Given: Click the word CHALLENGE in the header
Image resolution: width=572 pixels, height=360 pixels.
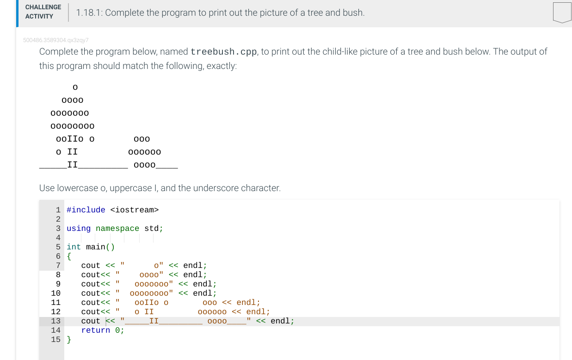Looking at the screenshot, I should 43,7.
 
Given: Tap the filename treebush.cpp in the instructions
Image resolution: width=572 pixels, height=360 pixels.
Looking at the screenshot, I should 224,51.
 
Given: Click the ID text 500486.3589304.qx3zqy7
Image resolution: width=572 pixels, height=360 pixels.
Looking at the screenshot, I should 55,40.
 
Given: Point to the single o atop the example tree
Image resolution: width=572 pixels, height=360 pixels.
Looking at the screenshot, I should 75,87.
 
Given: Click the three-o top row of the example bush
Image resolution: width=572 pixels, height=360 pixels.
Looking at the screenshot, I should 141,139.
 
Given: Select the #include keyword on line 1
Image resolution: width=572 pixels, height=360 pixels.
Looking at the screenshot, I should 86,210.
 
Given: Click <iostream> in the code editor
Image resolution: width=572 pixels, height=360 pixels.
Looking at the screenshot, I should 134,210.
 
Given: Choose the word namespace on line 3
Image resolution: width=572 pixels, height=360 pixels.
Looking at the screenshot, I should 117,229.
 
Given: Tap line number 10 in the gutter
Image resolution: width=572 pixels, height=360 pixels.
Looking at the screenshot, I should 55,293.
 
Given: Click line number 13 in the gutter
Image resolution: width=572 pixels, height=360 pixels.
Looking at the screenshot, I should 55,321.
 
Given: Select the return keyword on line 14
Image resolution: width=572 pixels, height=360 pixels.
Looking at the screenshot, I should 95,330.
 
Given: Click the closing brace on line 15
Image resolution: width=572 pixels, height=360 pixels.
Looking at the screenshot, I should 69,340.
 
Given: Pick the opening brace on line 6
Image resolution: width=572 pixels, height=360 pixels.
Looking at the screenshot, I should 69,256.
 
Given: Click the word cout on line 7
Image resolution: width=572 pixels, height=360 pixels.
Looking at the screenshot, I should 91,266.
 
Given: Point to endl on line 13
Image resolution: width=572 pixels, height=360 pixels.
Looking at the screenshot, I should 280,321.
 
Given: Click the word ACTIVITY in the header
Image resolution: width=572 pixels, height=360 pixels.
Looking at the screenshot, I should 39,16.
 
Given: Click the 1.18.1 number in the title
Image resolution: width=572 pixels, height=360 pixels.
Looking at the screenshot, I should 89,13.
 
